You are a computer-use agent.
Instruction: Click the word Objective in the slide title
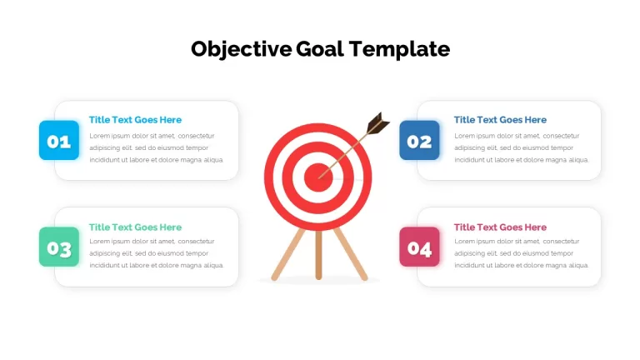241,49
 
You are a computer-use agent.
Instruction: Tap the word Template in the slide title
400,49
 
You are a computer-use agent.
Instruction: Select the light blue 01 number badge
59,140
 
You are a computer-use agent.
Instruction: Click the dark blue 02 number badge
420,140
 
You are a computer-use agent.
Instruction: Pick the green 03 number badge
59,247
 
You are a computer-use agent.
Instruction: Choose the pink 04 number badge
420,247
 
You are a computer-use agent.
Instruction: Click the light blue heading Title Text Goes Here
136,120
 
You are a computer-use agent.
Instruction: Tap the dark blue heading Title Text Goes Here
500,120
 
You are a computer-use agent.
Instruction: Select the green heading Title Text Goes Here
136,227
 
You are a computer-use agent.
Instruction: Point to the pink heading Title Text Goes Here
500,227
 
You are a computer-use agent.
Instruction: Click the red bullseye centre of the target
318,177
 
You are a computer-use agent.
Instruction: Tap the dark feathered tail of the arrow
377,122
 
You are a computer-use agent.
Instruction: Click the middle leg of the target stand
318,255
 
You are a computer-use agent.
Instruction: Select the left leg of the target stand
288,254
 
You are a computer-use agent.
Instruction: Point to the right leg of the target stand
351,254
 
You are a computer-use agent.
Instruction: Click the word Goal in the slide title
320,49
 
